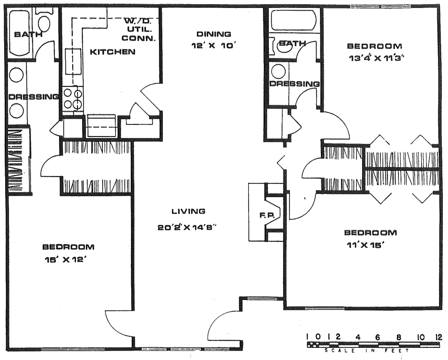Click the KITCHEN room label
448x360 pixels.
[x=113, y=52]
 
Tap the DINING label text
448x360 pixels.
[x=213, y=34]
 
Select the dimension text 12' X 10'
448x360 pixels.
[x=213, y=46]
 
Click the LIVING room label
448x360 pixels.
[x=188, y=211]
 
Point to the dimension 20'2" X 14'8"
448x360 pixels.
[x=188, y=227]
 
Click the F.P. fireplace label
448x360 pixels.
[x=267, y=216]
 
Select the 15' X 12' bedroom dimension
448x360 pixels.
[x=65, y=259]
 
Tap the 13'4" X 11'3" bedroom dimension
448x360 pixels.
[x=377, y=58]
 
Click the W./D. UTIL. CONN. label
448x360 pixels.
[x=139, y=30]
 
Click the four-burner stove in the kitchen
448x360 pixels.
[x=73, y=99]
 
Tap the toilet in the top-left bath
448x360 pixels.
[x=44, y=21]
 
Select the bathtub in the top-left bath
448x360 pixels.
[x=19, y=32]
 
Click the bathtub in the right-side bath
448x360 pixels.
[x=294, y=20]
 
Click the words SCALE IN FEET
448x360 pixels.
[x=367, y=351]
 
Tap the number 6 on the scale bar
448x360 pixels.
[x=377, y=337]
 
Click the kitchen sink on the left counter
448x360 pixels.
[x=70, y=62]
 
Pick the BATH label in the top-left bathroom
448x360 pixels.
[x=28, y=35]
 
